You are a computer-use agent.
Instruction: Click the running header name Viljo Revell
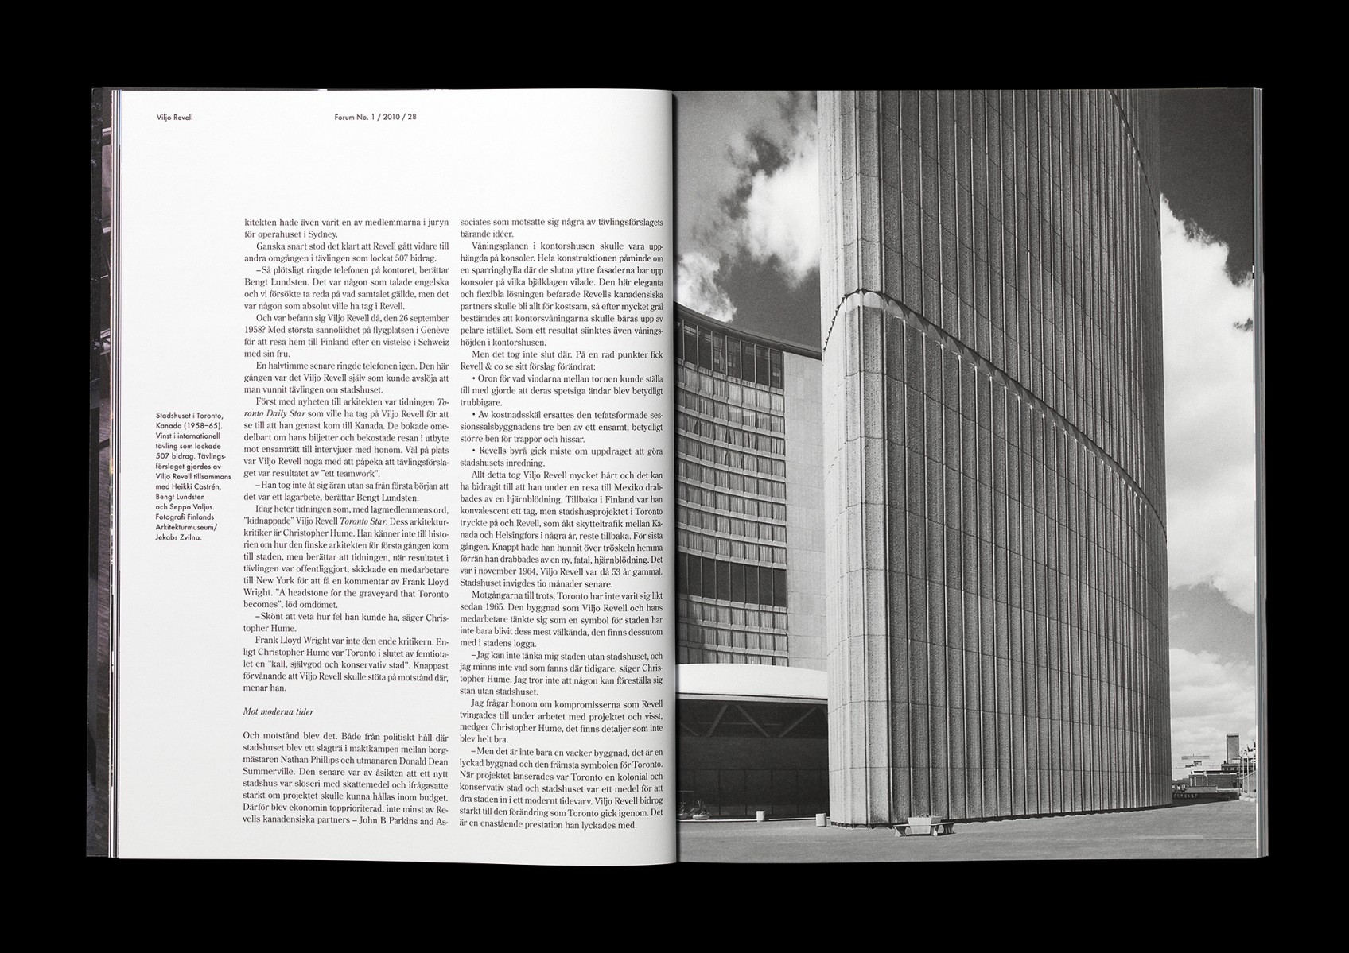click(176, 117)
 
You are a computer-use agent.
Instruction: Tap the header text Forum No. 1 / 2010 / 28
click(376, 117)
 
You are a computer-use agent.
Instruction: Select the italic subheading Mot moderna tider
click(280, 714)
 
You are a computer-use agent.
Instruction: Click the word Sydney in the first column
click(321, 234)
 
